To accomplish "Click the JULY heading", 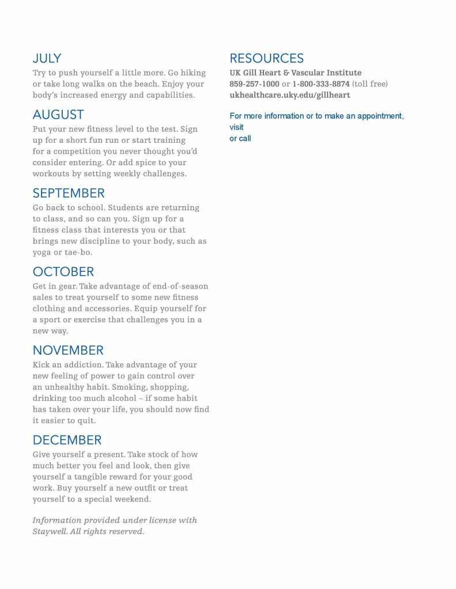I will click(47, 58).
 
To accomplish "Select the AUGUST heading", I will click(58, 115).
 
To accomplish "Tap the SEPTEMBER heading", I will click(69, 193).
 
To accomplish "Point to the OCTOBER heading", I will click(63, 272).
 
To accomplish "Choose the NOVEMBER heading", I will click(68, 350).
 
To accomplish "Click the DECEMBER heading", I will click(67, 440).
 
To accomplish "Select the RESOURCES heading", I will click(266, 58).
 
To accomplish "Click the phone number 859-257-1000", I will click(254, 84).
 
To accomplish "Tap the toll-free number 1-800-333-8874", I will click(321, 84).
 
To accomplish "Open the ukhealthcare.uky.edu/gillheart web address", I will click(289, 95).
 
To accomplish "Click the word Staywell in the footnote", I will click(49, 531).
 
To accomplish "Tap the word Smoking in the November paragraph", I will click(130, 387).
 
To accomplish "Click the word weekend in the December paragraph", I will click(130, 499).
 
